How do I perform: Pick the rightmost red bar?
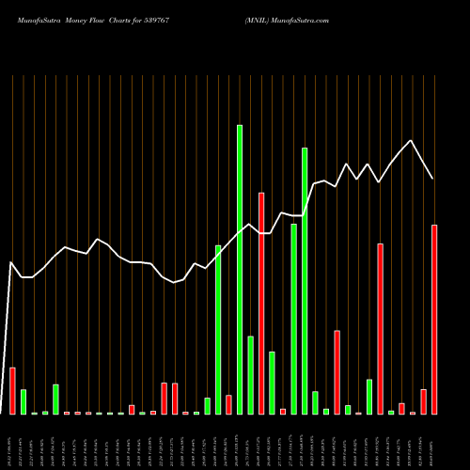434,320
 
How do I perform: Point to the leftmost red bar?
12,390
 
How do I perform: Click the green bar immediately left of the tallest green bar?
218,329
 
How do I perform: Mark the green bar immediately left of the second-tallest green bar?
294,319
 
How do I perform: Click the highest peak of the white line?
411,141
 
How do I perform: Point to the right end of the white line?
433,179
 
